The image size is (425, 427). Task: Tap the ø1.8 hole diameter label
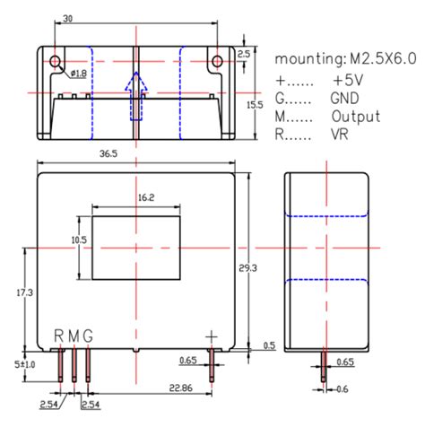point(79,73)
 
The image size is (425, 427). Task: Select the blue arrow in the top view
point(134,96)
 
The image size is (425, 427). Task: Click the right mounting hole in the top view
point(216,61)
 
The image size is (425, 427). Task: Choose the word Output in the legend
point(355,117)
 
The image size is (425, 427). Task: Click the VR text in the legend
point(341,136)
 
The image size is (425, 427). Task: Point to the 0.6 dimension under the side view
point(342,388)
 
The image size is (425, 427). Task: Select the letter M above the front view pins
point(74,335)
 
